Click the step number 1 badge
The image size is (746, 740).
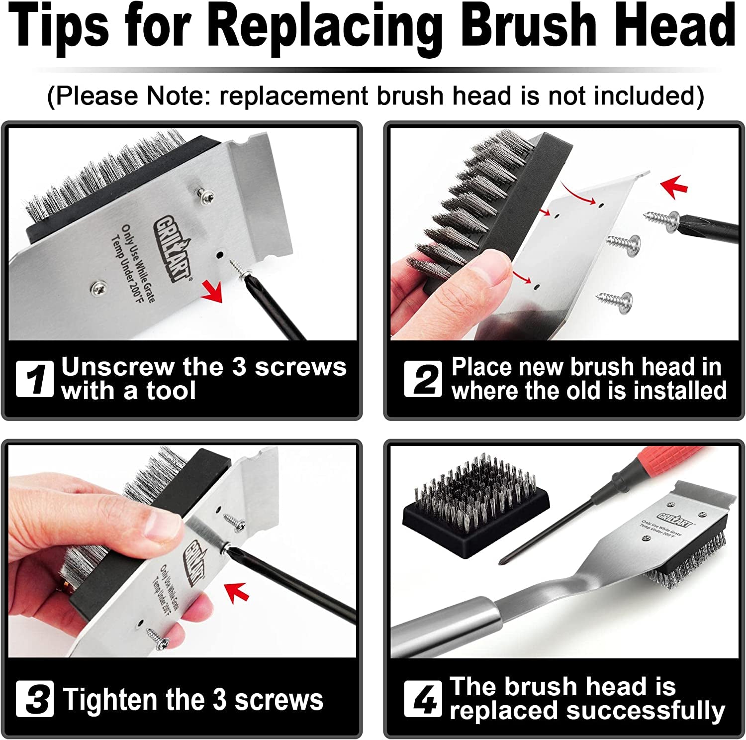[x=34, y=379]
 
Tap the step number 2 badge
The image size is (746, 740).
[x=422, y=379]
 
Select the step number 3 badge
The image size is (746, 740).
[x=34, y=699]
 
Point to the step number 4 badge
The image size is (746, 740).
[x=422, y=699]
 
